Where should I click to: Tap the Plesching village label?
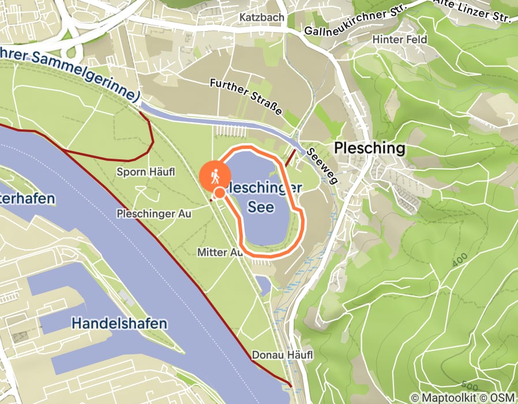[x=369, y=148]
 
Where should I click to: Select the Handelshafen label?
[x=119, y=323]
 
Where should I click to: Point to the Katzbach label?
[x=262, y=17]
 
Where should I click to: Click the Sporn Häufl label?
[x=145, y=172]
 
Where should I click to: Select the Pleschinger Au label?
[x=153, y=214]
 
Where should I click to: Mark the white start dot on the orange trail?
[x=220, y=193]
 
